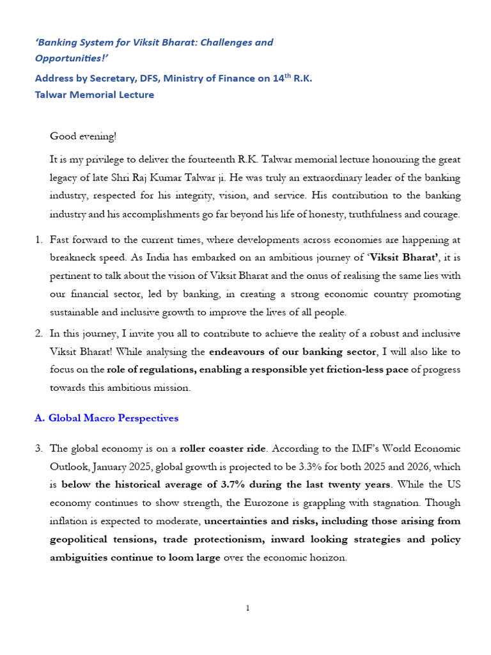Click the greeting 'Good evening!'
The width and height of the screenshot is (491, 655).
pyautogui.click(x=83, y=136)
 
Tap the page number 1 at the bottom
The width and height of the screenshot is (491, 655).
pyautogui.click(x=247, y=608)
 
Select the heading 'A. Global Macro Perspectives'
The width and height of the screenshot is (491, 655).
pyautogui.click(x=106, y=418)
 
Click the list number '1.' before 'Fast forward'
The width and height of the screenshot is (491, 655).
pyautogui.click(x=38, y=239)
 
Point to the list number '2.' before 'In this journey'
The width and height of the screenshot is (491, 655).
pyautogui.click(x=38, y=333)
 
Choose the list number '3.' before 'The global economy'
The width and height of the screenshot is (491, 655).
pyautogui.click(x=38, y=448)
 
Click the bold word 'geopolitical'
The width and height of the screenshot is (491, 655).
pyautogui.click(x=80, y=539)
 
